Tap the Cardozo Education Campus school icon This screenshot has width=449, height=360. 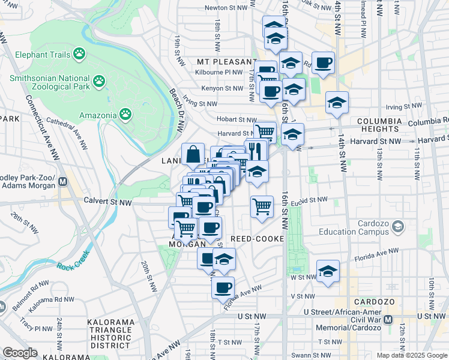click(397, 226)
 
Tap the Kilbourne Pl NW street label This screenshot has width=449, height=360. click(220, 72)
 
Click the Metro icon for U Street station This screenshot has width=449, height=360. click(388, 320)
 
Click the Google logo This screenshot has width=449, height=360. click(20, 353)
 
